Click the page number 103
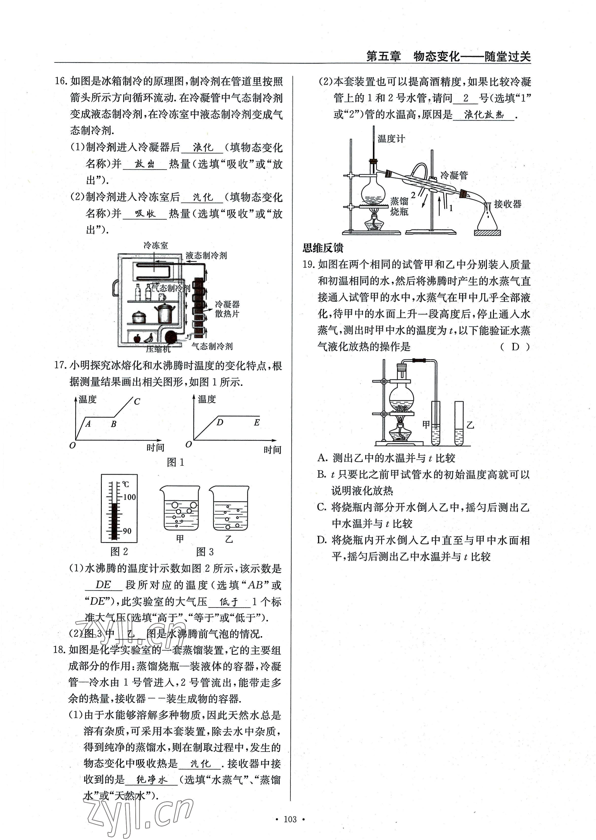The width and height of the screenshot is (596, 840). (290, 819)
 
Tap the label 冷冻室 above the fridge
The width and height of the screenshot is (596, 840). (156, 245)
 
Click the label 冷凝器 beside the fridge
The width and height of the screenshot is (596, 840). (227, 304)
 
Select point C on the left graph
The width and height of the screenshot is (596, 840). (137, 402)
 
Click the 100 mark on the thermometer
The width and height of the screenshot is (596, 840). (129, 497)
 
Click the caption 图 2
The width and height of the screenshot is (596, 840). (119, 551)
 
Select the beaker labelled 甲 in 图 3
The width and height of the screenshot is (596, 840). (180, 509)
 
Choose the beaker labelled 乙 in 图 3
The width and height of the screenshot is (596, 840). (229, 509)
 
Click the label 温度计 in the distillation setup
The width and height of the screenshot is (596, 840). (391, 139)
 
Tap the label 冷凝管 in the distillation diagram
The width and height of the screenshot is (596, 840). (454, 175)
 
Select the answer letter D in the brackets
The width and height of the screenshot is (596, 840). (515, 347)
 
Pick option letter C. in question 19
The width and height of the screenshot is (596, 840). (322, 507)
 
